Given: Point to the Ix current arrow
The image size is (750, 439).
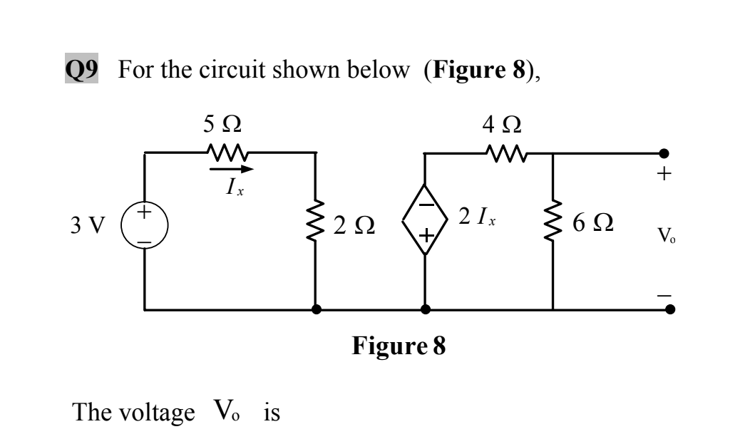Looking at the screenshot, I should pyautogui.click(x=230, y=170).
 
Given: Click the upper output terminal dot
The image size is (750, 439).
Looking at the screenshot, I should pyautogui.click(x=664, y=153).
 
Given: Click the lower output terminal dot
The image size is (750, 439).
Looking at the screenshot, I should pyautogui.click(x=669, y=310).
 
